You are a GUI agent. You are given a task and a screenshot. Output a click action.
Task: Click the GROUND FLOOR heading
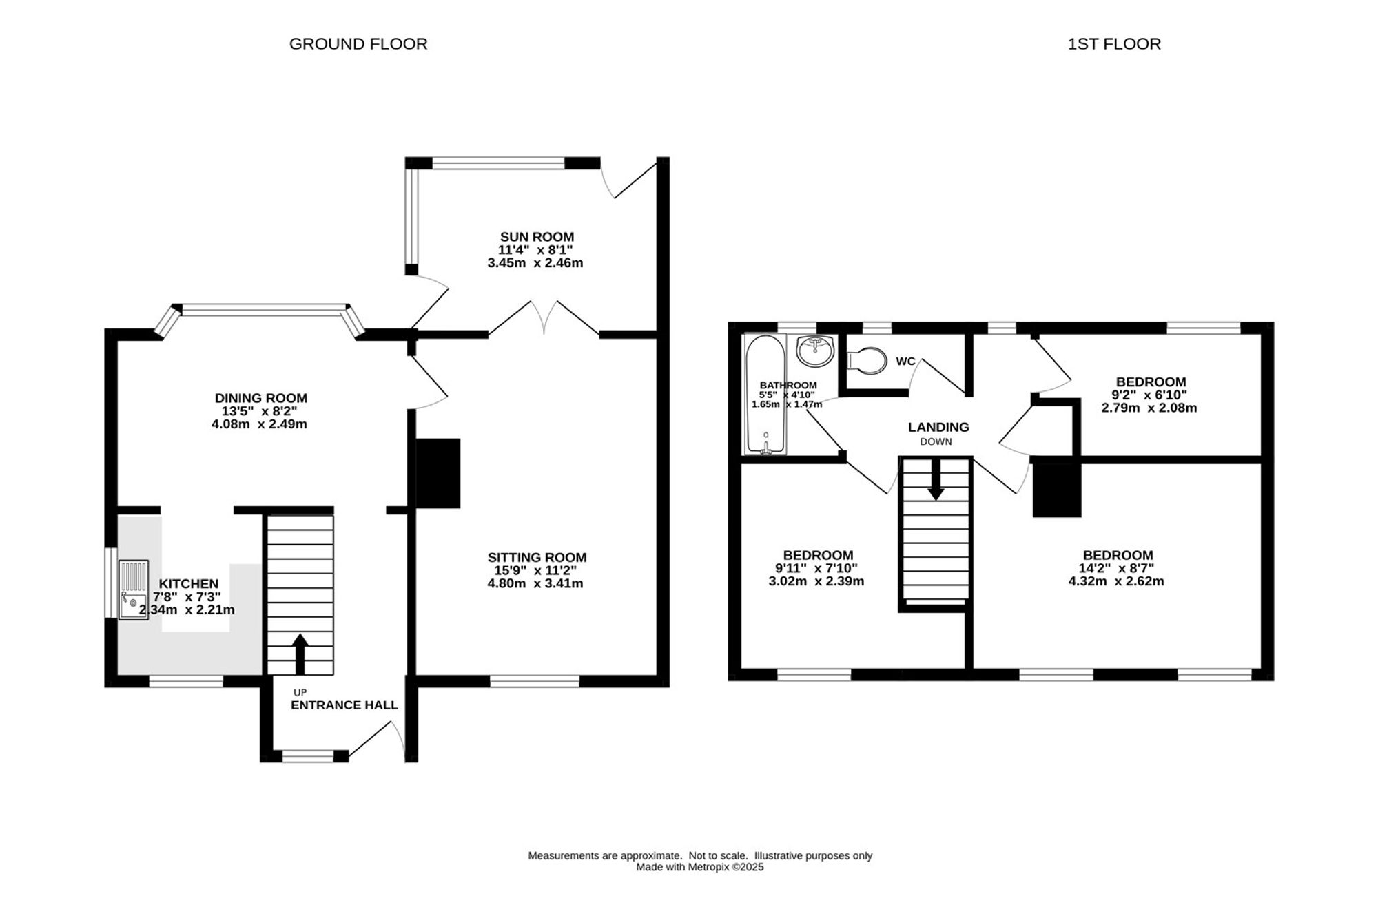(358, 44)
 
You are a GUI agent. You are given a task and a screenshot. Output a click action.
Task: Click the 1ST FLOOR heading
(1114, 44)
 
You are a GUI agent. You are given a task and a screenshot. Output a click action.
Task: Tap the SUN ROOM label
(537, 238)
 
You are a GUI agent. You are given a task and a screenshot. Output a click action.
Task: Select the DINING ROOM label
(261, 398)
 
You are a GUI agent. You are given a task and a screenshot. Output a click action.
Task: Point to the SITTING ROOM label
(537, 558)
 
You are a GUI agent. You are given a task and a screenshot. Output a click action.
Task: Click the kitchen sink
(134, 591)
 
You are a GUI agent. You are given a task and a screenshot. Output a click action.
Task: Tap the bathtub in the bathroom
(764, 395)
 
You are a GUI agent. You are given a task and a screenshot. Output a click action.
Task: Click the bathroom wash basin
(815, 351)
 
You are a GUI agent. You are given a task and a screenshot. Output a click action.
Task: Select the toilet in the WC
(866, 360)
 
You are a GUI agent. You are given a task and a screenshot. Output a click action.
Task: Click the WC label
(905, 362)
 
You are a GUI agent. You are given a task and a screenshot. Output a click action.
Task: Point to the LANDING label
(938, 428)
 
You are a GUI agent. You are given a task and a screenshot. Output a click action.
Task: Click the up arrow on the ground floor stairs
(300, 654)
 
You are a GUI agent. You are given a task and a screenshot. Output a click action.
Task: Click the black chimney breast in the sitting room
(438, 474)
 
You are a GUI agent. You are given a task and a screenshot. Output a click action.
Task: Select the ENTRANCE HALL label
(344, 705)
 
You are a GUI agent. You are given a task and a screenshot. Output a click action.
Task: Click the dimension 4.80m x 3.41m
(535, 584)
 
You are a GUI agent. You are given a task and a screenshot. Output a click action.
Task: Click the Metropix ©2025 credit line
(700, 868)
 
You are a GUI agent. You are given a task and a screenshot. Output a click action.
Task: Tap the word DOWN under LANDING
(936, 442)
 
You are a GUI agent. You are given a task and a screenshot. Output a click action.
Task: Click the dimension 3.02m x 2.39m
(816, 581)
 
